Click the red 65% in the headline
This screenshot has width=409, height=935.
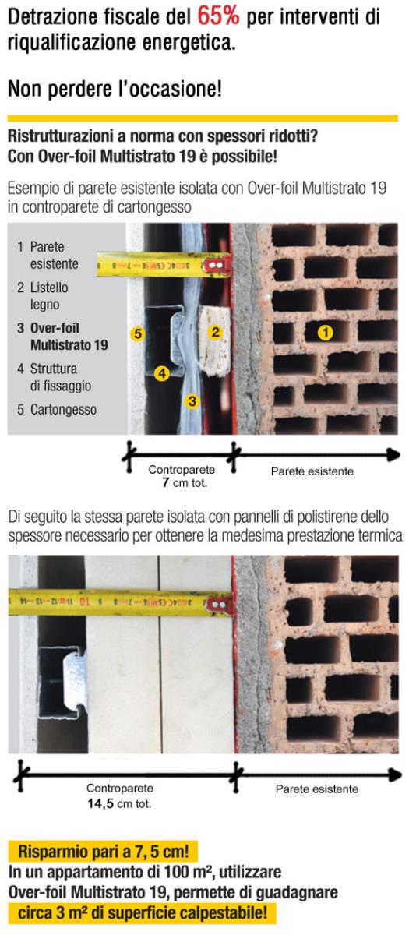coord(218,16)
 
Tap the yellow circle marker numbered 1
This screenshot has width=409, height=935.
coord(325,333)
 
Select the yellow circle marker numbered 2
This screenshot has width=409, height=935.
coord(215,332)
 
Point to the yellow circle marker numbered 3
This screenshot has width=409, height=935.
coord(192,401)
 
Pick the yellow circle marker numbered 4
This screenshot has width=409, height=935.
coord(162,373)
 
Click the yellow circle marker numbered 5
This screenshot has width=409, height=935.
coord(138,334)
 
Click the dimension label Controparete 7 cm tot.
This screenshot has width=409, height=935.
coord(182,476)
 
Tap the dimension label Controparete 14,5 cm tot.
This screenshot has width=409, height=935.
coord(120,796)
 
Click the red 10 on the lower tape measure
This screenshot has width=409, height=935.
coord(83,602)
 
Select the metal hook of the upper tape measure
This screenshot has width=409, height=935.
coord(217,266)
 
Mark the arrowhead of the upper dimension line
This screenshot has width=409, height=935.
coord(393,454)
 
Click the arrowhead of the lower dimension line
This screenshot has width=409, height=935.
coord(395,774)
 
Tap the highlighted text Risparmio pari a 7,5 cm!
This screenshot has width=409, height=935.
coord(103,851)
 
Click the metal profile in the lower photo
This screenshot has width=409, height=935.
coord(62,672)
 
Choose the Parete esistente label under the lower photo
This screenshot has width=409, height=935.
coord(317,789)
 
